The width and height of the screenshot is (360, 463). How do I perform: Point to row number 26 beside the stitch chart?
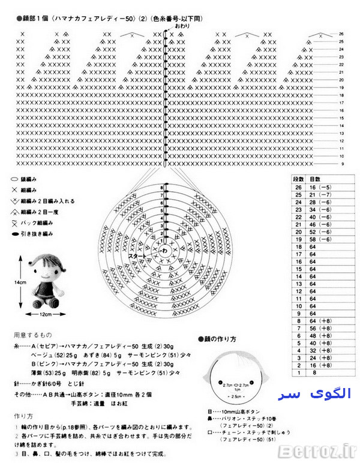tap(341, 34)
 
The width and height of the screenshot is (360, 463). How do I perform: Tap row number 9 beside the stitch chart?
tap(341, 164)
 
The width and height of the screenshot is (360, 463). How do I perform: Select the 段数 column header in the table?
tap(298, 179)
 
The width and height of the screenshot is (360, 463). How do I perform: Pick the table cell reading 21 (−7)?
tap(320, 195)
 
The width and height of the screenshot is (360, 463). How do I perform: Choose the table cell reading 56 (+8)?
tap(320, 329)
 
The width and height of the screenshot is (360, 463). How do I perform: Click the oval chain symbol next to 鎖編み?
tap(14, 179)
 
